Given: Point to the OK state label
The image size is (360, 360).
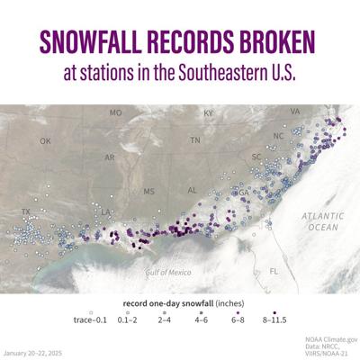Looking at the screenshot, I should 46,141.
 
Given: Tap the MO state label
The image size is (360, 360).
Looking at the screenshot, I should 115,113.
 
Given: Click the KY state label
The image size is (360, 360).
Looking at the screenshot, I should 209,113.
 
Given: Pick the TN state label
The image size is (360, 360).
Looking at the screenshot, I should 194,140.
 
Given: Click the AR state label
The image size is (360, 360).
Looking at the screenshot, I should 110,157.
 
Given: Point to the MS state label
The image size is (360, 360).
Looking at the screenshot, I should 149,191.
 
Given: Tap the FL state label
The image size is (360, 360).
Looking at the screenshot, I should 275,270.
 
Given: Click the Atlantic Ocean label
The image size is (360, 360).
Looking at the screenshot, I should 321,221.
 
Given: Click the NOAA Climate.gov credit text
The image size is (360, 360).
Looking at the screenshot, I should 326,335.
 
